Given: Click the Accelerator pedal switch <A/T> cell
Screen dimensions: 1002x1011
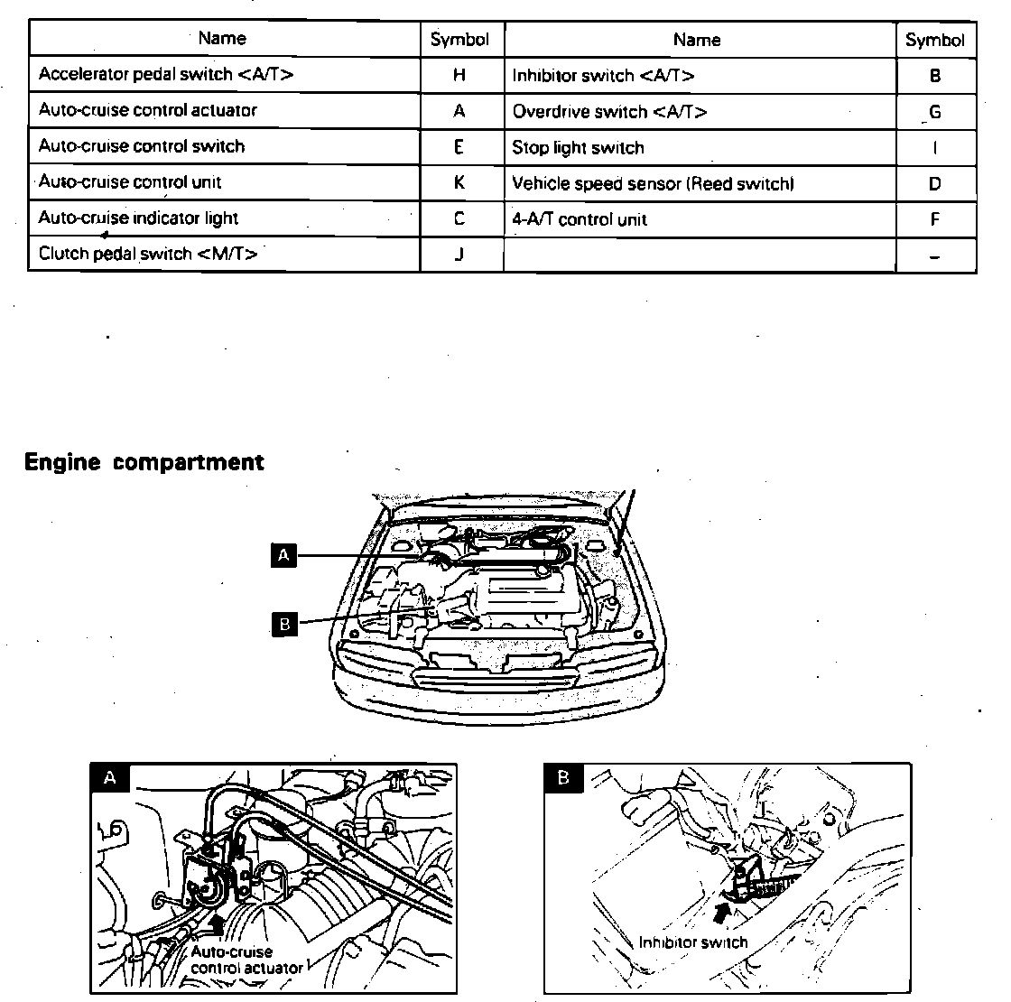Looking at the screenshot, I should pos(166,75).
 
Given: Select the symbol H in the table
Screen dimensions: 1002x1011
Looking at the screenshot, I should pos(459,75).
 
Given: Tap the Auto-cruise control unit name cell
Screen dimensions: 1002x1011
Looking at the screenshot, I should pos(130,182).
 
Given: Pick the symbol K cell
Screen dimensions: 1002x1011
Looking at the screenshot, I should pos(459,182).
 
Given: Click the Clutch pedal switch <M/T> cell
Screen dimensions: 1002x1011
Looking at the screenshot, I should pos(148,254).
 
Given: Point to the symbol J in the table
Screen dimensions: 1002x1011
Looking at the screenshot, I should pos(459,254).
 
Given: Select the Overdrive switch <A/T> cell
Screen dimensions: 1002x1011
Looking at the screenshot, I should pos(609,112).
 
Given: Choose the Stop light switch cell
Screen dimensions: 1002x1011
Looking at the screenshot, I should pos(578,148).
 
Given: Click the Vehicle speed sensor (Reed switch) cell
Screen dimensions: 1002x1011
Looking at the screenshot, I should pos(653,184).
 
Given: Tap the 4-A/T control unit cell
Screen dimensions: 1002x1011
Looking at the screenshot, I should pos(580,219).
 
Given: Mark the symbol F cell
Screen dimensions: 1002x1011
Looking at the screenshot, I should pos(935,219).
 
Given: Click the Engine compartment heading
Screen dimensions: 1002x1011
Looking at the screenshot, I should pos(144,462).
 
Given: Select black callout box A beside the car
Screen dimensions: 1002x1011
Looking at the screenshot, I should pos(284,555).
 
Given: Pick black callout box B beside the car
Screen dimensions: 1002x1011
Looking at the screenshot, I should pos(284,624).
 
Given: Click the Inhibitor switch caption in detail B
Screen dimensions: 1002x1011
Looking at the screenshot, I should pos(693,942).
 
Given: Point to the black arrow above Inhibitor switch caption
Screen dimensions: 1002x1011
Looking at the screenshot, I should pos(722,913).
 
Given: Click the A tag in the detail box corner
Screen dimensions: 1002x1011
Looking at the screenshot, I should pos(110,778).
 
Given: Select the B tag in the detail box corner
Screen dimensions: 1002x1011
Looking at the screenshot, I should pos(564,778).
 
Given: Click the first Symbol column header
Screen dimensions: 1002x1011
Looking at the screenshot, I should pos(459,39).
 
